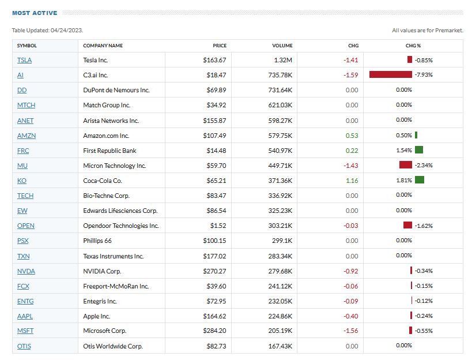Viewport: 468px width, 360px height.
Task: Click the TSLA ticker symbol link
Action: [x=24, y=60]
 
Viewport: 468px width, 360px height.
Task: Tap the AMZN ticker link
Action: [x=27, y=136]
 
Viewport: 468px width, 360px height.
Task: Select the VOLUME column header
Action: [x=282, y=46]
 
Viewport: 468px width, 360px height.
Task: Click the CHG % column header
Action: [x=413, y=46]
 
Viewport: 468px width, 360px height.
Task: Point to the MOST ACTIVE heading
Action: [x=34, y=13]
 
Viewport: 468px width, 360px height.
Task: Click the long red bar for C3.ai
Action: [x=390, y=75]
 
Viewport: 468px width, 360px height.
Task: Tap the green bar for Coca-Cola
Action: [x=419, y=181]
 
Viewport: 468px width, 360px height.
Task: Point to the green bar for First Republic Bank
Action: [x=418, y=151]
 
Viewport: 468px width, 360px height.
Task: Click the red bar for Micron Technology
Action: [x=406, y=166]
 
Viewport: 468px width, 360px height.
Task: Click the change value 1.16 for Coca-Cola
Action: [x=352, y=181]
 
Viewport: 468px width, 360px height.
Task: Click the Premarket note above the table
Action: [x=427, y=31]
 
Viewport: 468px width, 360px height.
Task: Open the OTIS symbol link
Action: [x=24, y=346]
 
